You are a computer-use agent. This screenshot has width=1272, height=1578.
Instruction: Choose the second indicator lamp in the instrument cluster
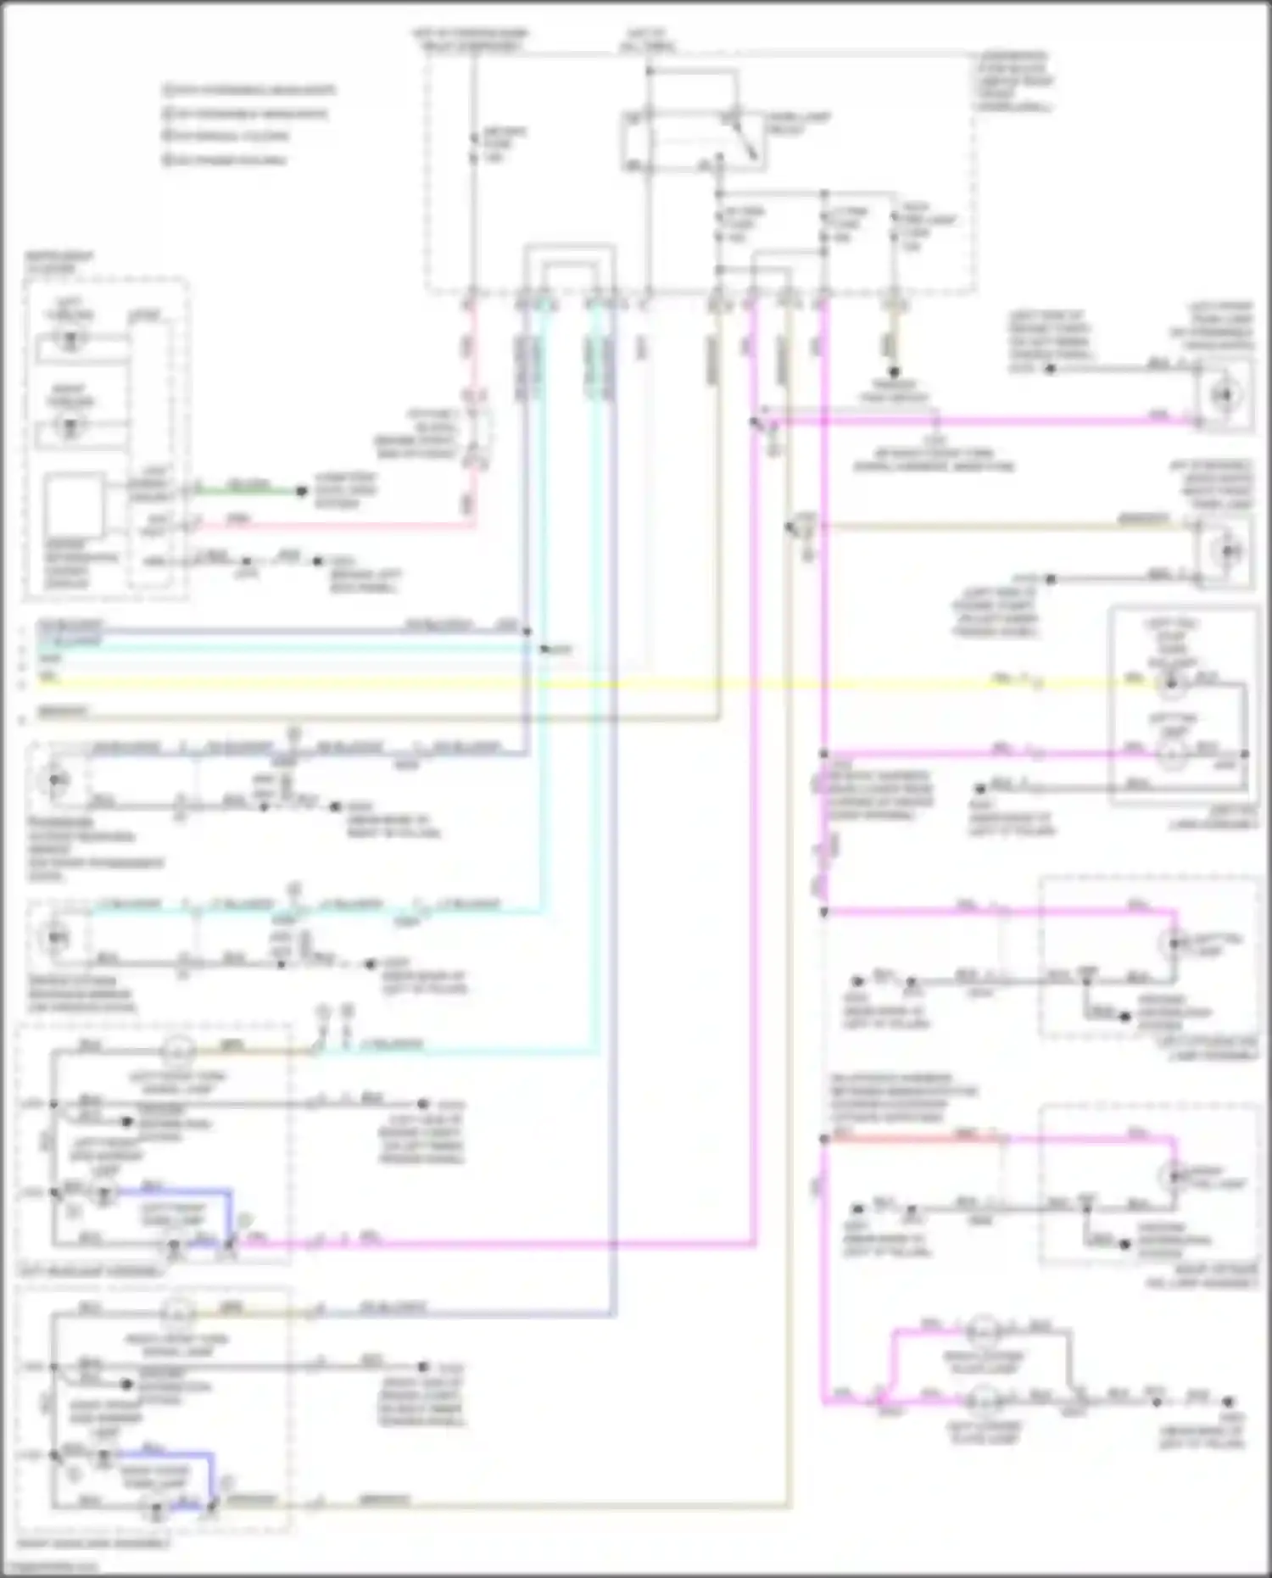coord(71,425)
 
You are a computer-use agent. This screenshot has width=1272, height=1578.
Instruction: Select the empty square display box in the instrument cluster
coord(75,506)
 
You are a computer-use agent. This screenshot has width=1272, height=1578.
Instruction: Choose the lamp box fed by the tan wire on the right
coord(1226,552)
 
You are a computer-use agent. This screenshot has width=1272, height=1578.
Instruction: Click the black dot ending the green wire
coord(300,491)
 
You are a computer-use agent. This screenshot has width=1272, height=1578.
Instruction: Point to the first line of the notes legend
coord(251,90)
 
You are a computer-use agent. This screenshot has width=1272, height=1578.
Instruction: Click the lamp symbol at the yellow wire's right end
coord(1173,683)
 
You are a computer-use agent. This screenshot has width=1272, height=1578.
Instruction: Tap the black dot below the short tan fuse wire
coord(893,372)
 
